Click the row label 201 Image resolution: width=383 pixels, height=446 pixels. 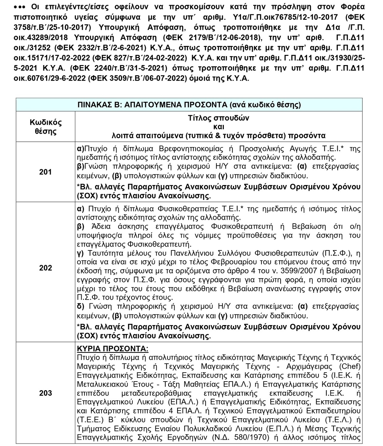tap(45, 172)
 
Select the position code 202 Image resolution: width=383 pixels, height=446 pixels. tap(45, 268)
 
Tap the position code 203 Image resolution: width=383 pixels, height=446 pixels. tap(45, 393)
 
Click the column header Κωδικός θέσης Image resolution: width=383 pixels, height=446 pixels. tap(45, 127)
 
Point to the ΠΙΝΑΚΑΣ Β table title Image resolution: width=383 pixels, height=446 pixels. tap(189, 105)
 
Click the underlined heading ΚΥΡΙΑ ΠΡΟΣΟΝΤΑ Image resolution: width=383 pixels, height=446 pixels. tap(113, 348)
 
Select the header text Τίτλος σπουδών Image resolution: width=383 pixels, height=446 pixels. tap(219, 118)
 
